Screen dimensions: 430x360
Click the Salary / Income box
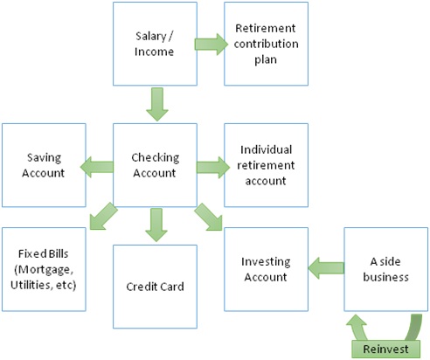click(155, 44)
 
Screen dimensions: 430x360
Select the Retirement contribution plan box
click(266, 44)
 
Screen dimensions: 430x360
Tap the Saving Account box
click(44, 165)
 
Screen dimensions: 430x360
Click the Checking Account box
click(155, 165)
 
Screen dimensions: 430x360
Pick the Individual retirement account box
click(266, 165)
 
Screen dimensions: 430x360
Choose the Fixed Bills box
click(44, 269)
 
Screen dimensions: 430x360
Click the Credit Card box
click(155, 287)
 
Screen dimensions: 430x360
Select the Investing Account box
click(266, 269)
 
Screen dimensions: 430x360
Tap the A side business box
click(386, 269)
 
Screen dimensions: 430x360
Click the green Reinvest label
click(385, 349)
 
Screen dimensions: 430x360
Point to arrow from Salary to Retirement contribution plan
click(212, 44)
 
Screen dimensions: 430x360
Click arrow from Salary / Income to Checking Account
click(157, 104)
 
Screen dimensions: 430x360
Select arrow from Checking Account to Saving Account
click(97, 167)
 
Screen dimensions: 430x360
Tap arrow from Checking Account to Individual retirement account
click(213, 167)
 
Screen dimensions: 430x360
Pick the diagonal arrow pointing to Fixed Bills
click(103, 216)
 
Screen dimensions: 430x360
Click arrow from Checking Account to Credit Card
click(156, 225)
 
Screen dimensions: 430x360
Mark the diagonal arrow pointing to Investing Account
click(209, 217)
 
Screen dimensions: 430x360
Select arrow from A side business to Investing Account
click(326, 268)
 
